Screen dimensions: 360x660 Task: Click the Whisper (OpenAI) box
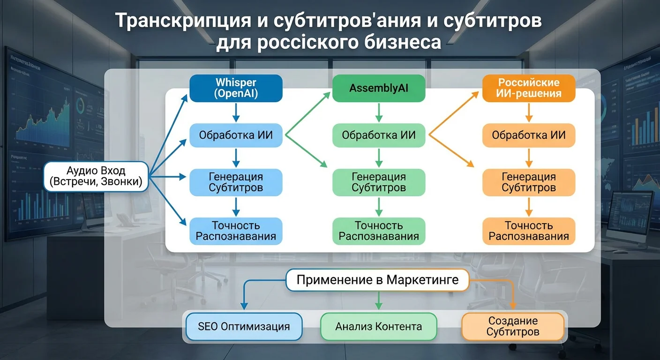click(x=236, y=88)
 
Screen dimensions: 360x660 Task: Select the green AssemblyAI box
click(x=379, y=88)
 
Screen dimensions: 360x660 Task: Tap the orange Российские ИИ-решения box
click(x=529, y=88)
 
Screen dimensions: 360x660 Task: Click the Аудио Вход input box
click(x=96, y=176)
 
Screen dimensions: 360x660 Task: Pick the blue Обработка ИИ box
click(x=236, y=135)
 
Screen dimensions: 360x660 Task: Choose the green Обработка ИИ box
click(x=379, y=135)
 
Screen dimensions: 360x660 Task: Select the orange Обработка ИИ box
click(x=529, y=135)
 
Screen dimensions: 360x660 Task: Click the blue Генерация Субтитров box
click(x=236, y=182)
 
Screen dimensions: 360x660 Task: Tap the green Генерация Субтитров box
click(x=379, y=182)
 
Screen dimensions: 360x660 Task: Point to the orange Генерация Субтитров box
click(x=529, y=182)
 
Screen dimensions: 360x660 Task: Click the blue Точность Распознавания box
click(x=236, y=231)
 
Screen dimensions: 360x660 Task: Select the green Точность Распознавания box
click(x=379, y=231)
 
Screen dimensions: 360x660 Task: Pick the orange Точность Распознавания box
click(x=529, y=231)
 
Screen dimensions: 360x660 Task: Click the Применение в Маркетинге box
click(x=377, y=280)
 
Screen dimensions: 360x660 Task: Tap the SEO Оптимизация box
click(x=244, y=326)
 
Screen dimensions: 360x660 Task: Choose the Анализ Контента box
click(x=379, y=326)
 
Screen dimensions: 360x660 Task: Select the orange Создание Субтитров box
click(x=512, y=326)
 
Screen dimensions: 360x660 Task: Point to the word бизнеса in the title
click(x=403, y=42)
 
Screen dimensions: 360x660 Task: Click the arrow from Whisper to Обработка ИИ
click(x=236, y=112)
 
